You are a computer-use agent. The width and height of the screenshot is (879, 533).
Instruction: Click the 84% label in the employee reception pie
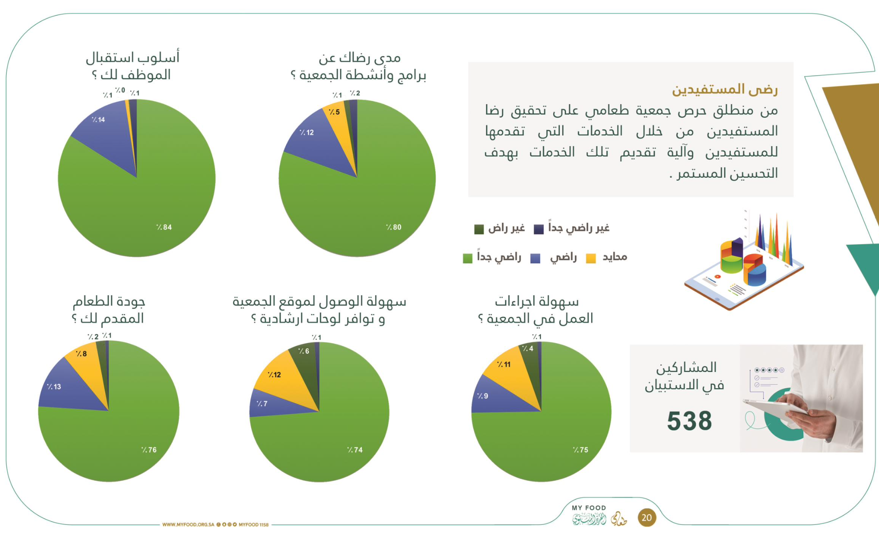(x=164, y=227)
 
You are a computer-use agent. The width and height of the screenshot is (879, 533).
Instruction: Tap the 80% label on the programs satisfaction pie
(x=393, y=227)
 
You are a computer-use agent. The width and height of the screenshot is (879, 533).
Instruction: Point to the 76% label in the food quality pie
(x=149, y=450)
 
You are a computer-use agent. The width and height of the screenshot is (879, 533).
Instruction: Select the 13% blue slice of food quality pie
(x=64, y=389)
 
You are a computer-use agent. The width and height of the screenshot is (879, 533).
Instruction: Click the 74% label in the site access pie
(x=355, y=450)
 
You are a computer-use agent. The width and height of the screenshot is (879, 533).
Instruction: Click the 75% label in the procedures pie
(x=580, y=450)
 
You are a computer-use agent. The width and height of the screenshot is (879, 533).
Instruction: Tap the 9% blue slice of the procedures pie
(x=491, y=397)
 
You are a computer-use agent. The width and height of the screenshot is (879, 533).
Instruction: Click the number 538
(x=689, y=421)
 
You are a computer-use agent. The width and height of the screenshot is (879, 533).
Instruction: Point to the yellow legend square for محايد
(x=591, y=258)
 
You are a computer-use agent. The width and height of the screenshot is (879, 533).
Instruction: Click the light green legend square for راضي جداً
(x=468, y=258)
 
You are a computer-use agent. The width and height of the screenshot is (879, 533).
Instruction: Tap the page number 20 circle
(x=647, y=518)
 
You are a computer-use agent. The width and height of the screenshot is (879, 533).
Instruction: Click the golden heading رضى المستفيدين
(x=725, y=89)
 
